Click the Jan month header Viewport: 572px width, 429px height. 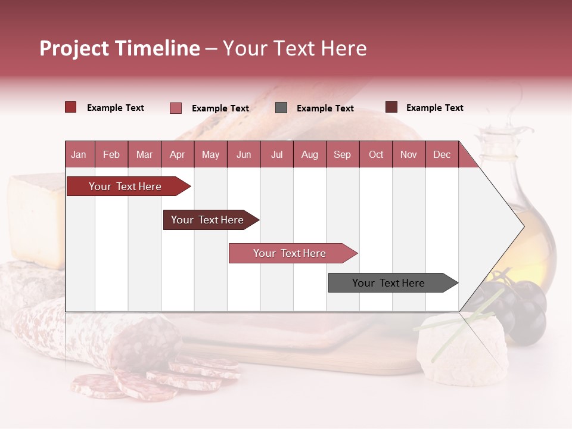tap(79, 155)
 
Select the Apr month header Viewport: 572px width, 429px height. tap(177, 155)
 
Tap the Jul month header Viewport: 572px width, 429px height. tap(276, 155)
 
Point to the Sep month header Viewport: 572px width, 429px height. tap(342, 155)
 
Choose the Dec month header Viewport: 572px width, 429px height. tap(442, 155)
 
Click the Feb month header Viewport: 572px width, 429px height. tap(111, 155)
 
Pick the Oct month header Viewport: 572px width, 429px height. tap(376, 155)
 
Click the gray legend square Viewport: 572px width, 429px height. tap(281, 108)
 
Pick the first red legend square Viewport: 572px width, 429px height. tap(71, 107)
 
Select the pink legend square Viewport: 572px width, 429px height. tap(176, 108)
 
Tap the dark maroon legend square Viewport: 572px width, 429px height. tap(391, 107)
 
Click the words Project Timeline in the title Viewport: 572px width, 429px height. tap(120, 48)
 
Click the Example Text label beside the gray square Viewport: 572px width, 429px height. tap(325, 108)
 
